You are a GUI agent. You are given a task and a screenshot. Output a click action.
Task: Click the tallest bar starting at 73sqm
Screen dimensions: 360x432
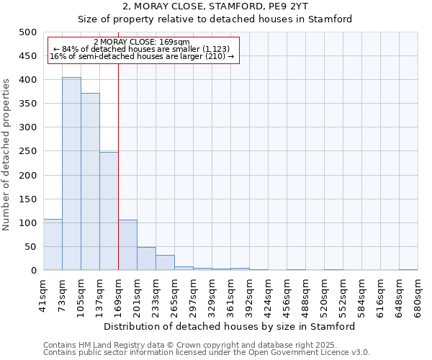71,174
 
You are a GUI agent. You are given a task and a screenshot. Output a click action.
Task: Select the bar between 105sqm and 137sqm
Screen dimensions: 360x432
90,181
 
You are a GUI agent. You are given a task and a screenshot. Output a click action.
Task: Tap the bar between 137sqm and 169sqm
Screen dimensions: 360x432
109,211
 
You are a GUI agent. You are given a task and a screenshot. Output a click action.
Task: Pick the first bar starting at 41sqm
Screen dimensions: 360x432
53,245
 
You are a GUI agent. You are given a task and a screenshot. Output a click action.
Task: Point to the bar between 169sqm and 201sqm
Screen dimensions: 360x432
127,245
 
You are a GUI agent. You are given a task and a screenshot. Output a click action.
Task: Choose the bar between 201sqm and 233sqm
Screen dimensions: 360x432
146,258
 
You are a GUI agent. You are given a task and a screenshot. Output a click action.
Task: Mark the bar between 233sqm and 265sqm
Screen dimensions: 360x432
165,263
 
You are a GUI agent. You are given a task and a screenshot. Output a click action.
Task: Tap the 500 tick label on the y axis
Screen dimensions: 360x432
27,32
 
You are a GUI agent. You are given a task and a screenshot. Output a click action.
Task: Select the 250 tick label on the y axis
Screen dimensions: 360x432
27,151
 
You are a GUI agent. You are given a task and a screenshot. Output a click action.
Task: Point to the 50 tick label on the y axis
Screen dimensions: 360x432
30,247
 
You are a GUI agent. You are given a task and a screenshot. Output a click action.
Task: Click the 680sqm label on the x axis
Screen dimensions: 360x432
418,297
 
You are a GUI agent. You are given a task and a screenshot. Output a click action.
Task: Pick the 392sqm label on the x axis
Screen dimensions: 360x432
250,297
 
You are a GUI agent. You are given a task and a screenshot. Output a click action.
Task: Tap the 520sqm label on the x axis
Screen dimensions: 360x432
325,297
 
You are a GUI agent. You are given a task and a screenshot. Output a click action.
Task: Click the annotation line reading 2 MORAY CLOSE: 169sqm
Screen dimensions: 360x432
141,42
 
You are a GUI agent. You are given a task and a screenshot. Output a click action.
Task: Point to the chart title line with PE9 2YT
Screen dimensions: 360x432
215,6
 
